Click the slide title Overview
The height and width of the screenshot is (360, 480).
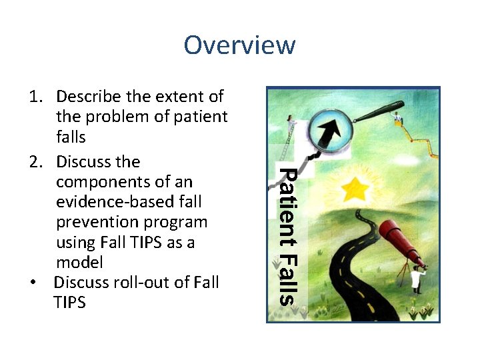239,45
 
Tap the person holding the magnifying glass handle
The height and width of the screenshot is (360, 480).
398,120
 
